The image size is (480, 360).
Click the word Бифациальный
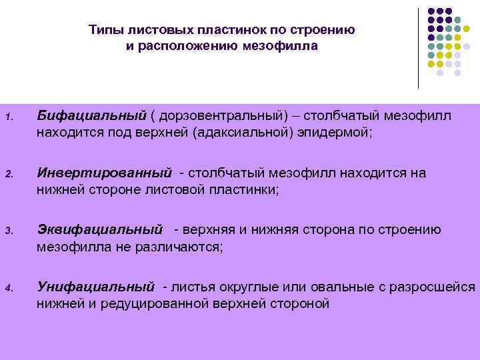(91, 117)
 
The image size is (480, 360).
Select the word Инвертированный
(104, 173)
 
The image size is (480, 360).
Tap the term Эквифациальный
(100, 230)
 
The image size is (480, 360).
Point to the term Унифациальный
(96, 287)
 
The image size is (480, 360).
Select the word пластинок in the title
(230, 30)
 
